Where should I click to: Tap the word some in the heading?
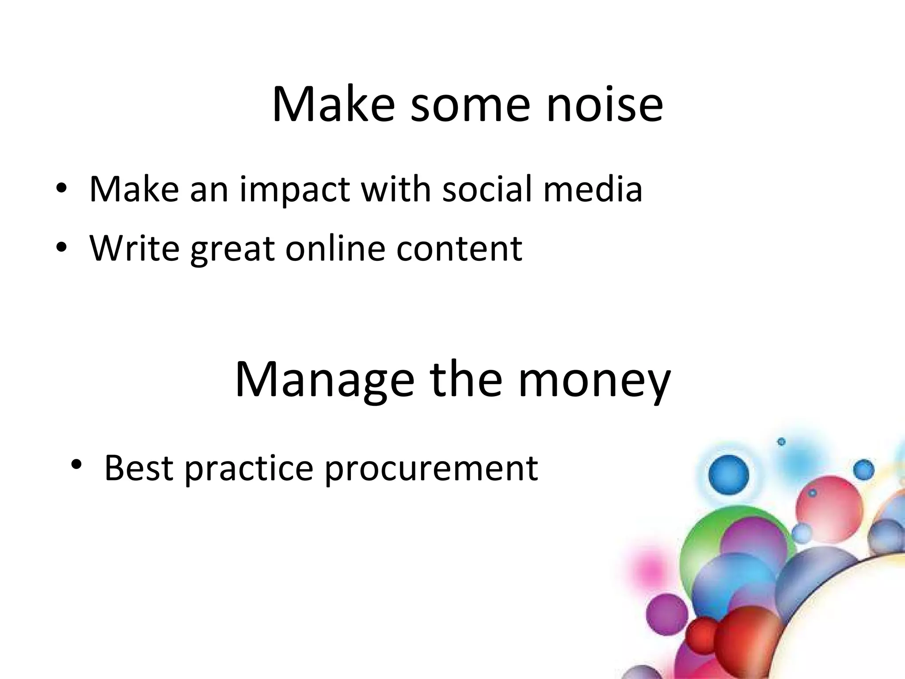470,104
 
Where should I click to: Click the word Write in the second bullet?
134,248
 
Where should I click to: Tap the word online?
335,248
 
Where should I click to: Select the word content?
459,249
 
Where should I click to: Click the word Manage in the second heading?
324,380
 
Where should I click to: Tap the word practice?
249,469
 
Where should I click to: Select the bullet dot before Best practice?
76,465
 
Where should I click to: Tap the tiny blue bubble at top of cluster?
781,442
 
